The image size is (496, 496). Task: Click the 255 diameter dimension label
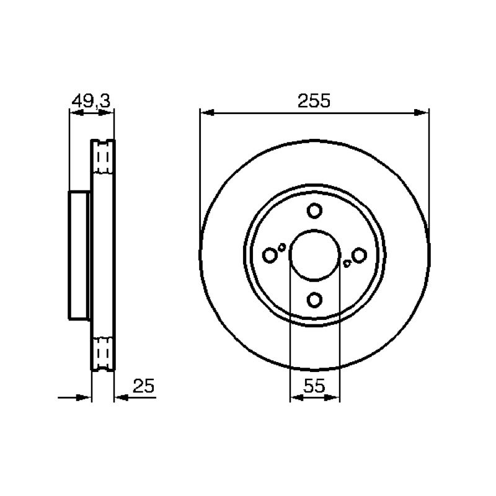pos(314,100)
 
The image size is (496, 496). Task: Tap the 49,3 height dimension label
pos(91,101)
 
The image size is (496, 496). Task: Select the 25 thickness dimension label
pos(143,386)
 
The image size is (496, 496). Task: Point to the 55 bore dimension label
pos(314,386)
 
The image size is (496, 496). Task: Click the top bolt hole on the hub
pos(314,210)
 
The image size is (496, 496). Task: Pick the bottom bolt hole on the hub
pos(314,299)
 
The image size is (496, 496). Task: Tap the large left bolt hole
pos(270,255)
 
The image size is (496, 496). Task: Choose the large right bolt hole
pos(359,255)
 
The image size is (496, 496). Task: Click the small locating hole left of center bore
pos(281,247)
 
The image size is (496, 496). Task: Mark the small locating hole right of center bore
pos(347,263)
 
